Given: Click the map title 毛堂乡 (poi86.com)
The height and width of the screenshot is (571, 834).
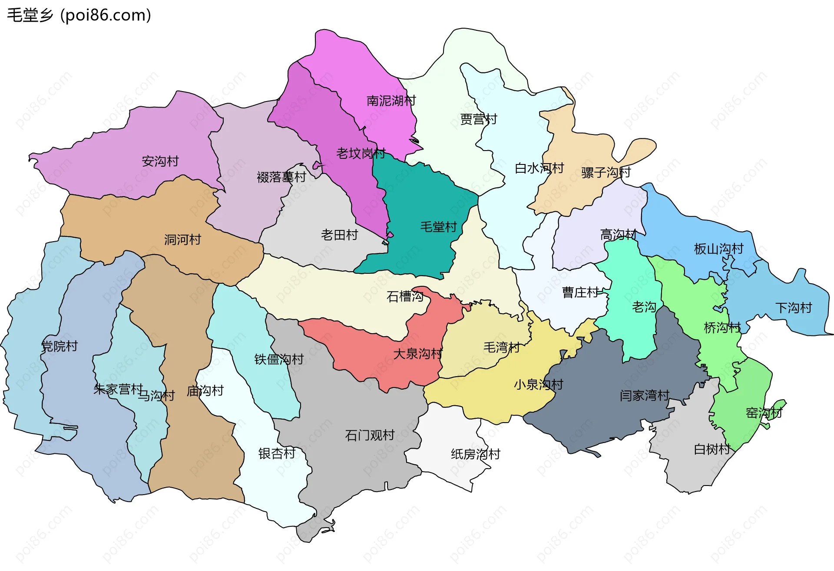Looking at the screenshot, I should coord(79,15).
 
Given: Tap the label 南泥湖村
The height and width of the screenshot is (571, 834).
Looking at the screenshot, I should coord(391,101).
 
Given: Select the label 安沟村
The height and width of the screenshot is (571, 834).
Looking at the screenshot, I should coord(160,161).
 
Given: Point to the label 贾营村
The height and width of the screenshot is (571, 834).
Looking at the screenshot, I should coord(478,119).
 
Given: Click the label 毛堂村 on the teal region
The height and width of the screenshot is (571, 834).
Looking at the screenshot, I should coord(438,226).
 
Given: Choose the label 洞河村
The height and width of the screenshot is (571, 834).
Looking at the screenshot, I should coord(182,240).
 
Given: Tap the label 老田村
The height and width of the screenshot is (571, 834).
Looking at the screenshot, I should coord(339,235).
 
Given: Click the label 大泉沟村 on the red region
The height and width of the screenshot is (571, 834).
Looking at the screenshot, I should coord(417,354).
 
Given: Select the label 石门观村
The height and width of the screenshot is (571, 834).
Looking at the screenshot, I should coord(370,435).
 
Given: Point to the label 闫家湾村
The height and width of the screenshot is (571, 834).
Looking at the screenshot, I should coord(645,395).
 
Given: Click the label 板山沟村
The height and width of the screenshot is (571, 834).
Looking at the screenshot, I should coord(718,249).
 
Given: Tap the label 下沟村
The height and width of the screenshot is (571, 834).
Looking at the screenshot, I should coord(793,308).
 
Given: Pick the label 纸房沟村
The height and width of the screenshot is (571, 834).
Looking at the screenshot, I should coord(475,454).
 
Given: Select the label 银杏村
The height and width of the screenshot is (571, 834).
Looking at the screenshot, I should coord(277,453).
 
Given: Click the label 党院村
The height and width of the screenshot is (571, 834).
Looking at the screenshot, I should coord(60,346).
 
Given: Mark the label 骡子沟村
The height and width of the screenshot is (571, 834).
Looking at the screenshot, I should coord(606,172).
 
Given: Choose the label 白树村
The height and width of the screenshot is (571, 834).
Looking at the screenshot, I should coord(712,449).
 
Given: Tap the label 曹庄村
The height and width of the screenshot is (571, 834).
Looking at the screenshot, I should coord(580,292).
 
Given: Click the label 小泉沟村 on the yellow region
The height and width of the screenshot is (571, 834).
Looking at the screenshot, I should coord(538,384).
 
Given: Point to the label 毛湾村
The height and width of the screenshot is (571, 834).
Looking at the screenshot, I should coord(502,347).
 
